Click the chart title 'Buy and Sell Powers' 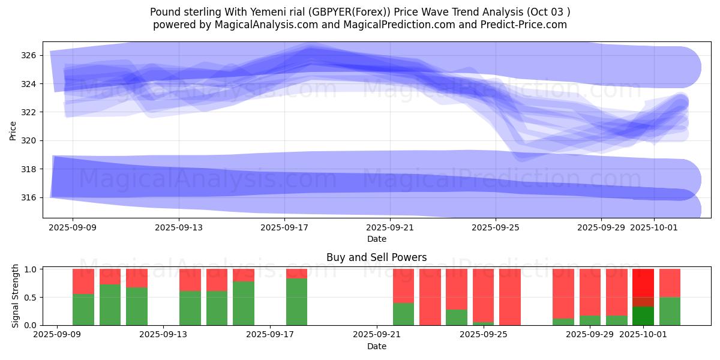(x=376, y=257)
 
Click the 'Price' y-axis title (x=13, y=130)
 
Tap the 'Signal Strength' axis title (x=16, y=296)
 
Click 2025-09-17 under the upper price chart (x=284, y=227)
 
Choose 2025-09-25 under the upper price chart (x=496, y=227)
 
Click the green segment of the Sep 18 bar (x=296, y=302)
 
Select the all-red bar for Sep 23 (x=430, y=297)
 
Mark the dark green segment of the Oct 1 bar (x=643, y=316)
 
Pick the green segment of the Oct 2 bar (x=670, y=311)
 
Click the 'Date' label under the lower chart (x=376, y=346)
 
